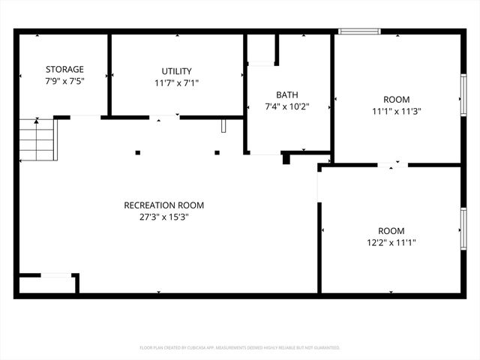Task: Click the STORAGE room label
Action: pyautogui.click(x=64, y=69)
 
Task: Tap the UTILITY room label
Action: pyautogui.click(x=176, y=71)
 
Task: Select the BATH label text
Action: pyautogui.click(x=286, y=94)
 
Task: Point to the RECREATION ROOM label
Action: pyautogui.click(x=163, y=205)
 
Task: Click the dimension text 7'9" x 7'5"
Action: pyautogui.click(x=64, y=81)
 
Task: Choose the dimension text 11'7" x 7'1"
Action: pyautogui.click(x=176, y=83)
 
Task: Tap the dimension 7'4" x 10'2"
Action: pyautogui.click(x=286, y=106)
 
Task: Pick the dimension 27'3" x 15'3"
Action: pyautogui.click(x=163, y=217)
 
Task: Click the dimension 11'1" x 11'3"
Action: pyautogui.click(x=396, y=111)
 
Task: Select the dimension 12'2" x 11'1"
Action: pyautogui.click(x=391, y=242)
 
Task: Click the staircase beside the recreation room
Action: pyautogui.click(x=37, y=139)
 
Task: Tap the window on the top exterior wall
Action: pyautogui.click(x=359, y=31)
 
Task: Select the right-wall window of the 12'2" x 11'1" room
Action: pyautogui.click(x=463, y=228)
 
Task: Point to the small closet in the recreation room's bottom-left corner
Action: pyautogui.click(x=46, y=284)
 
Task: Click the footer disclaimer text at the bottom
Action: pyautogui.click(x=240, y=348)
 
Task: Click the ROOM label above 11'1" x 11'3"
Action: pyautogui.click(x=396, y=99)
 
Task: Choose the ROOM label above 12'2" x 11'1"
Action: pyautogui.click(x=391, y=230)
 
